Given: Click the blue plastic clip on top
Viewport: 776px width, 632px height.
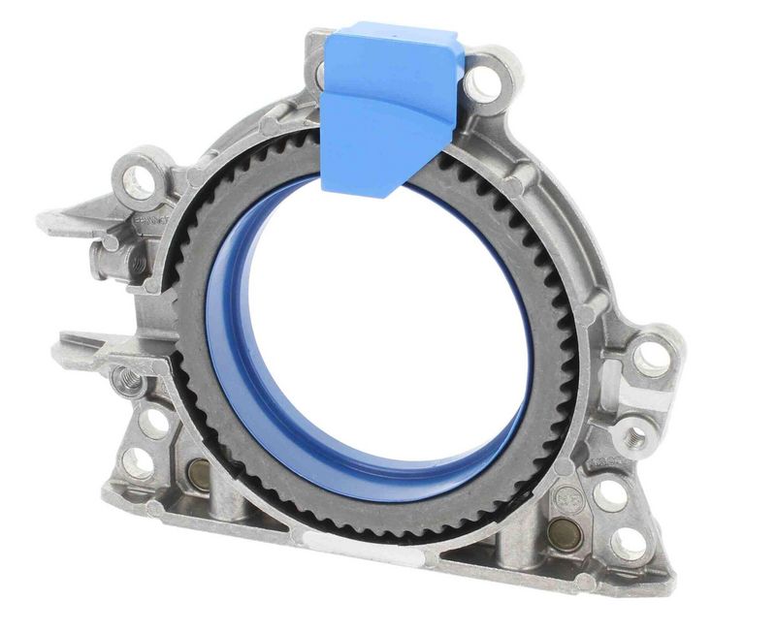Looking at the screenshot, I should tap(388, 102).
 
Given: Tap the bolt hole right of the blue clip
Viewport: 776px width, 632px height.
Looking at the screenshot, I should tap(482, 83).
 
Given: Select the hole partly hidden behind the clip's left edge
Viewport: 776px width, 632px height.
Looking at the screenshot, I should tap(319, 73).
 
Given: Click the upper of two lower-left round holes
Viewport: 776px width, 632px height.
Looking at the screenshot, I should tap(153, 422).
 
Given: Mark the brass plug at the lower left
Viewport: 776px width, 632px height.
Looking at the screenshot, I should tap(199, 474).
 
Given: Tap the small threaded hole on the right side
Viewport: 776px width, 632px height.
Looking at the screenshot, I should tap(637, 433).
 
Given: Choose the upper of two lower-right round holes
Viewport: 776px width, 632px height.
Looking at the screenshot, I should tap(610, 494).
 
